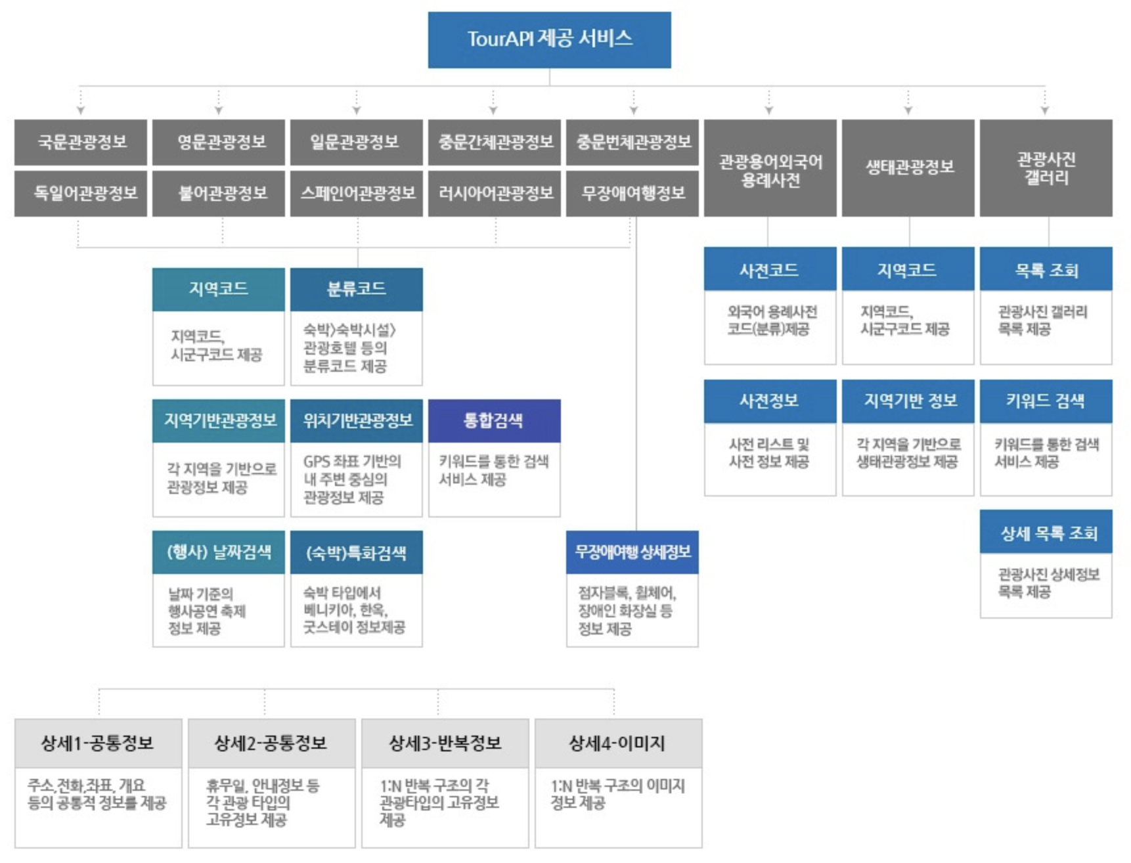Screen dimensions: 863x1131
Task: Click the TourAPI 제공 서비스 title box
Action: click(x=549, y=39)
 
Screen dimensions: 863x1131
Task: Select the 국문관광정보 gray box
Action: click(x=81, y=142)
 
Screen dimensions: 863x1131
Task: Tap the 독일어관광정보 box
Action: click(x=81, y=193)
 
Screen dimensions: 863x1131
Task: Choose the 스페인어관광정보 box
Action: click(x=357, y=193)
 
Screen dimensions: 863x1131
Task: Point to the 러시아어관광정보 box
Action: click(x=495, y=193)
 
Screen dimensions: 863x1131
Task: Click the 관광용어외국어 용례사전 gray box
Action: click(x=770, y=168)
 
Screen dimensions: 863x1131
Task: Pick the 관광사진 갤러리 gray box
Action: click(x=1046, y=168)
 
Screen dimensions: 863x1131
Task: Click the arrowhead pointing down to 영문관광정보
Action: click(x=219, y=110)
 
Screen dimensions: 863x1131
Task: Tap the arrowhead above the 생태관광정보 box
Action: click(x=908, y=110)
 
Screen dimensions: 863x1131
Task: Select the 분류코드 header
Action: click(x=357, y=289)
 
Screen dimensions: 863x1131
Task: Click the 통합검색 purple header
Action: click(x=495, y=420)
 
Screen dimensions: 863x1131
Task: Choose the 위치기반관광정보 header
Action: click(x=357, y=420)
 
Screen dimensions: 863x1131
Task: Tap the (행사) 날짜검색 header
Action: click(x=219, y=552)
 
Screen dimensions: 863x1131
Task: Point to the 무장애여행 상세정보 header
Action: click(x=632, y=552)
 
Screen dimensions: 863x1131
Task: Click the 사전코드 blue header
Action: click(x=770, y=269)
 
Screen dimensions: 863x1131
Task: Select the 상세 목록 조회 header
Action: click(x=1046, y=532)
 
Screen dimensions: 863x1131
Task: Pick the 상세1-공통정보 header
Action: click(x=98, y=743)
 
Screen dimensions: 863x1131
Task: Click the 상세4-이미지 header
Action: click(x=618, y=743)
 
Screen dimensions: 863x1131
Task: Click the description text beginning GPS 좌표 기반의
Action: click(x=352, y=479)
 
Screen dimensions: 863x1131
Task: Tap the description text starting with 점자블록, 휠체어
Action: click(x=627, y=611)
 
